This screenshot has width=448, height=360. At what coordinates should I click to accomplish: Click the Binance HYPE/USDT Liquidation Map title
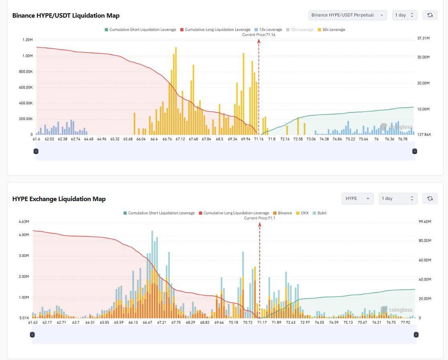tap(66, 15)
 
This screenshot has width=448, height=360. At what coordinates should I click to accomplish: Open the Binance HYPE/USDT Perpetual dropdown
tap(347, 15)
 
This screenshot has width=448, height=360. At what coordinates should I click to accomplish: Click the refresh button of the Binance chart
tap(430, 15)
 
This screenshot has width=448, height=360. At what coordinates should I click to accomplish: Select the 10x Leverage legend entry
tap(268, 29)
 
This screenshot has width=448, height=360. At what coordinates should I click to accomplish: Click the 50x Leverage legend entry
tap(331, 29)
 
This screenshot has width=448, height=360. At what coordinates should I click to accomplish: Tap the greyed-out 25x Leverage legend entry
tap(300, 29)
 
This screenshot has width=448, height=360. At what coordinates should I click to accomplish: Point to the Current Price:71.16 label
tap(259, 35)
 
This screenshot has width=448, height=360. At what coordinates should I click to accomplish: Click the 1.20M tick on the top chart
tap(27, 40)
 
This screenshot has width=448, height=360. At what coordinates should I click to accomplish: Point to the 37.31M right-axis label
tap(423, 38)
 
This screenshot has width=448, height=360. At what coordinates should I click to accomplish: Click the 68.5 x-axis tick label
tap(220, 139)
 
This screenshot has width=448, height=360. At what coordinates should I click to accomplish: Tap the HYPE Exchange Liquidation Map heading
tap(59, 199)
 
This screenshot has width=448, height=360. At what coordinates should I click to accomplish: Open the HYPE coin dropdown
tap(357, 199)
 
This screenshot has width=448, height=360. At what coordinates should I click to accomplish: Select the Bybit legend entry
tap(320, 213)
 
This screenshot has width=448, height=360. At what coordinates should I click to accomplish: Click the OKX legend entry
tap(302, 213)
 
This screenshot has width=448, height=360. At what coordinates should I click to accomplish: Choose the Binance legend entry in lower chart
tap(282, 213)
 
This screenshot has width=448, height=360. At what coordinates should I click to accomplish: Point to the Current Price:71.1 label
tap(259, 218)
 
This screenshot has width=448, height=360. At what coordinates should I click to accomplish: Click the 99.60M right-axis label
tap(425, 222)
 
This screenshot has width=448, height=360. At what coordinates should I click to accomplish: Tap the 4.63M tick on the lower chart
tap(24, 222)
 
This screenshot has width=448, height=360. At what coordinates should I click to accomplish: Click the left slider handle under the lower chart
tap(32, 335)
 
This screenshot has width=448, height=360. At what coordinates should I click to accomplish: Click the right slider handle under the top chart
tap(415, 151)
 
